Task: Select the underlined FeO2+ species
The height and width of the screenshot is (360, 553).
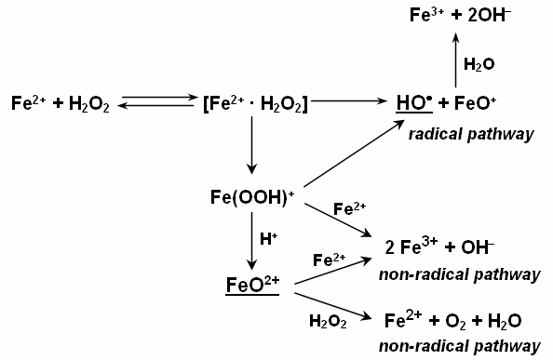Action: click(x=252, y=285)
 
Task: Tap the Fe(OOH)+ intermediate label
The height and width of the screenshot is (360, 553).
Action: click(x=252, y=198)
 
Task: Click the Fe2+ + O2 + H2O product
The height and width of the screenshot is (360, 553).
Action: click(x=452, y=321)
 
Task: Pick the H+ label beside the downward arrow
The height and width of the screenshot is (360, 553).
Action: click(x=267, y=239)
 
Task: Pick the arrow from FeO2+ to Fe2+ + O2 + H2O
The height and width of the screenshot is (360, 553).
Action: click(x=331, y=306)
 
